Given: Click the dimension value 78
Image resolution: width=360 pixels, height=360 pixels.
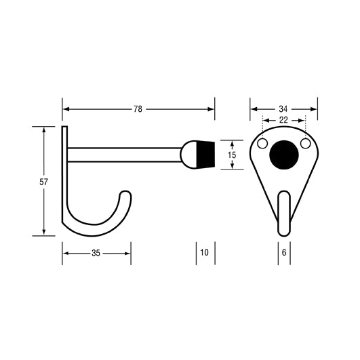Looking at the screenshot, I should tap(138, 108).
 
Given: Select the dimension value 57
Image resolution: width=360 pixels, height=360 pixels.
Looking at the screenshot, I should tap(44, 182).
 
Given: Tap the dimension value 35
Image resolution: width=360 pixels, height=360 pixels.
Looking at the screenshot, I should tap(96, 253).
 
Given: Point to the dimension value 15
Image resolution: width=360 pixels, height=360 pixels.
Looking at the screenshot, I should tap(232, 155).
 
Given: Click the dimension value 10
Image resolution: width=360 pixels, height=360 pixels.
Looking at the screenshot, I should tap(205, 253).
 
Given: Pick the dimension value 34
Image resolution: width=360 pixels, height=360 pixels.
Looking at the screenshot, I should tap(283, 108).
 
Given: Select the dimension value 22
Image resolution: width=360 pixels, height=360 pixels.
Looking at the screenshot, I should tap(283, 120).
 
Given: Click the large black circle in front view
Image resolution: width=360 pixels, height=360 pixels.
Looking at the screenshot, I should tap(283, 153).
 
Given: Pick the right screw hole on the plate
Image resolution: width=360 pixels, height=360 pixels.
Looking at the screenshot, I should tap(305, 144).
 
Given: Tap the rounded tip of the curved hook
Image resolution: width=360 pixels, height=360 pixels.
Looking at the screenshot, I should tap(125, 196).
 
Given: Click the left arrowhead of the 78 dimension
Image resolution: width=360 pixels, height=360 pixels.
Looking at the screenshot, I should tap(66, 108).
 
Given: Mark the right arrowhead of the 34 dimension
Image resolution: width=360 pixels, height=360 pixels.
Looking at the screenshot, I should tap(314, 108).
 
